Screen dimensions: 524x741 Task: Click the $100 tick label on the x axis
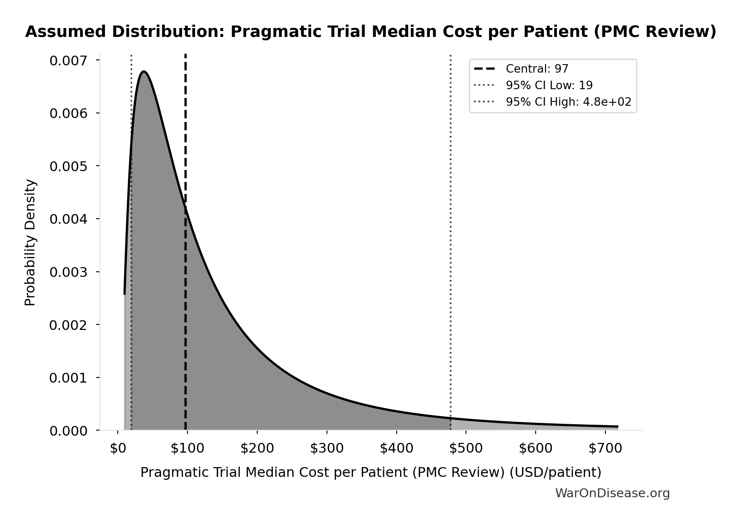coord(187,448)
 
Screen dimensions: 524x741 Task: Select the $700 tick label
coord(605,448)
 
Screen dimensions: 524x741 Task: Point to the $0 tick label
coord(118,448)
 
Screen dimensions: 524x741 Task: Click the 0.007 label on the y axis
coord(68,61)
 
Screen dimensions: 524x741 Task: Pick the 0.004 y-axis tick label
coord(68,219)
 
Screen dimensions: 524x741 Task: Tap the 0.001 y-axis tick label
coord(68,378)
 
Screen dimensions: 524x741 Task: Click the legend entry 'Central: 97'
coord(537,69)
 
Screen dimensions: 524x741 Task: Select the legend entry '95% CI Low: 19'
coord(549,85)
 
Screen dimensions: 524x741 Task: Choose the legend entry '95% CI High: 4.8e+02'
coord(568,102)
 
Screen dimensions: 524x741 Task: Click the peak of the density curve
coord(144,71)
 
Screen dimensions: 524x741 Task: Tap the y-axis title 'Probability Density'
coord(31,242)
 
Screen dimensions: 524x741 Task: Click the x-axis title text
coord(371,472)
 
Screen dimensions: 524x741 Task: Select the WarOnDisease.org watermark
coord(612,493)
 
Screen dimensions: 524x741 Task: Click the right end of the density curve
coord(617,426)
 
